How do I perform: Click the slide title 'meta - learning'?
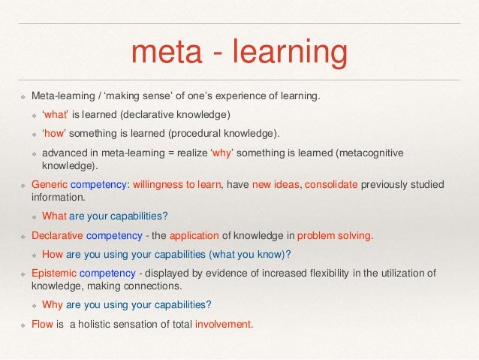(x=239, y=52)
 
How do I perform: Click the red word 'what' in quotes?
(x=56, y=115)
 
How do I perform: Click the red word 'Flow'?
(x=41, y=325)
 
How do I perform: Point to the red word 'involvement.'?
(x=224, y=325)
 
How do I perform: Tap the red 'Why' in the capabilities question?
(x=53, y=305)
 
